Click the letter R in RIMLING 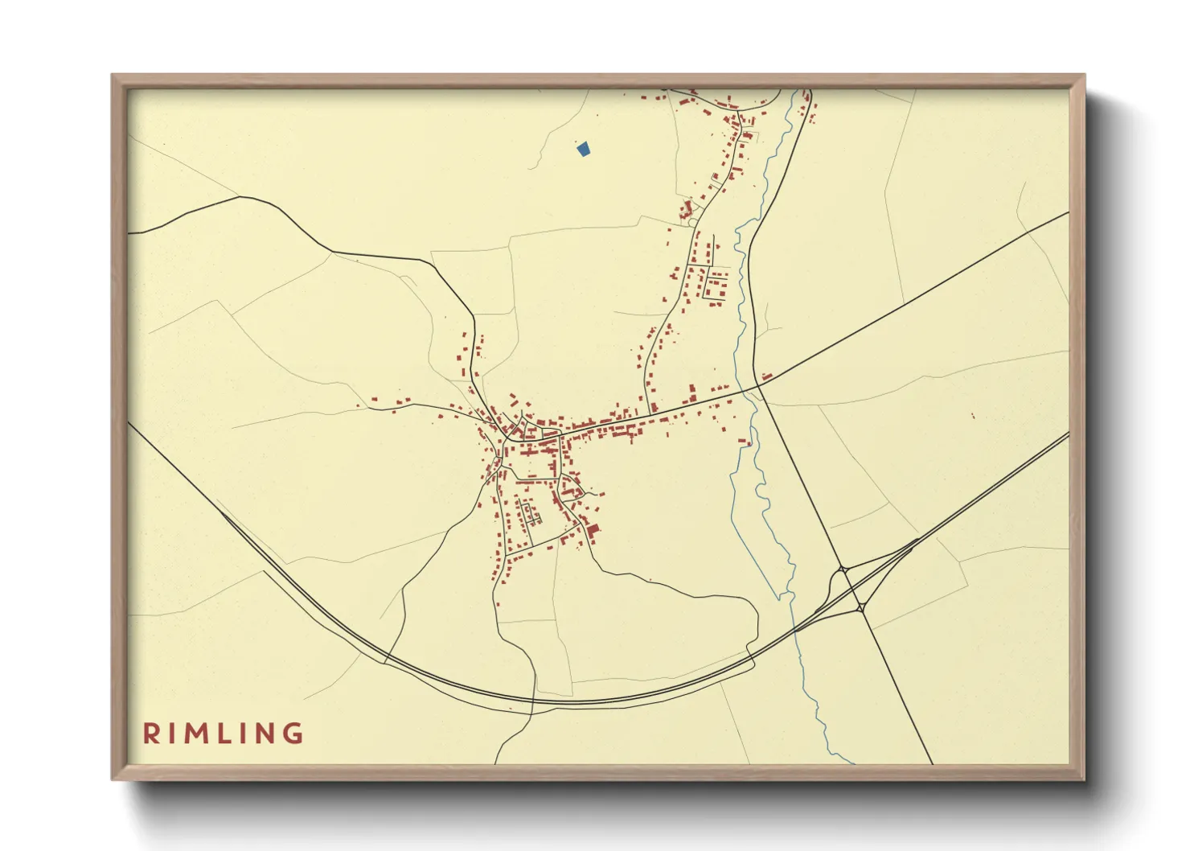pyautogui.click(x=150, y=734)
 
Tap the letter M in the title pyautogui.click(x=197, y=734)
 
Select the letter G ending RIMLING pyautogui.click(x=293, y=734)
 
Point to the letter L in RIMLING pyautogui.click(x=225, y=734)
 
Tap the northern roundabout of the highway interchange pyautogui.click(x=843, y=569)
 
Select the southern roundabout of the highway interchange pyautogui.click(x=861, y=608)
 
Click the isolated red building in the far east pyautogui.click(x=973, y=416)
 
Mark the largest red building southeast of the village pyautogui.click(x=593, y=530)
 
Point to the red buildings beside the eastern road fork pyautogui.click(x=767, y=376)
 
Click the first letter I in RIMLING pyautogui.click(x=172, y=734)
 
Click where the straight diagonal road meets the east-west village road pyautogui.click(x=757, y=388)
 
